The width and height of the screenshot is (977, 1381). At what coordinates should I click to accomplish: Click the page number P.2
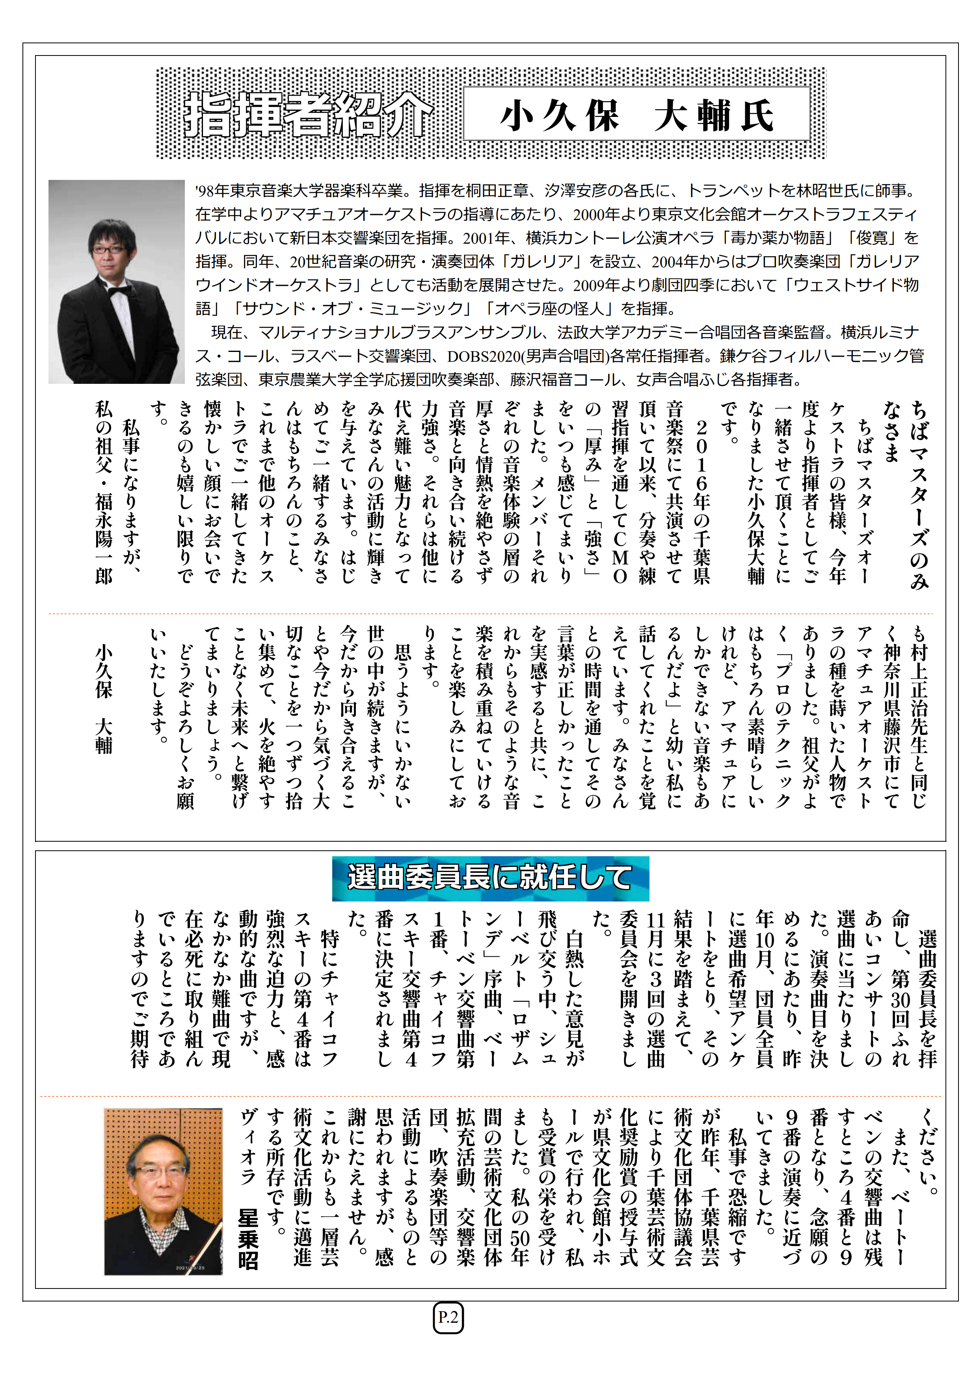click(x=448, y=1318)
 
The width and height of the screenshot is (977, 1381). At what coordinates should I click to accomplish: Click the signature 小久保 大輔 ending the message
click(x=104, y=698)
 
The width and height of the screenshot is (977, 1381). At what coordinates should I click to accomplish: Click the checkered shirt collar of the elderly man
click(x=155, y=1223)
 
